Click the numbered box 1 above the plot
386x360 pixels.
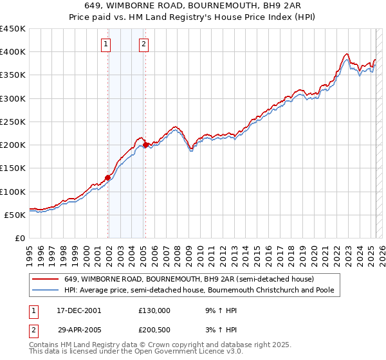[x=106, y=44]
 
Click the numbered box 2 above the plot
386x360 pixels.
[x=143, y=44]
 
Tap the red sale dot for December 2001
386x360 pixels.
[x=107, y=177]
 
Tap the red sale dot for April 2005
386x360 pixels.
[x=146, y=145]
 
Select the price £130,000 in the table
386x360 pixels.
[x=154, y=310]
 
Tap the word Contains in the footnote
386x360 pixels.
[x=44, y=345]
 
